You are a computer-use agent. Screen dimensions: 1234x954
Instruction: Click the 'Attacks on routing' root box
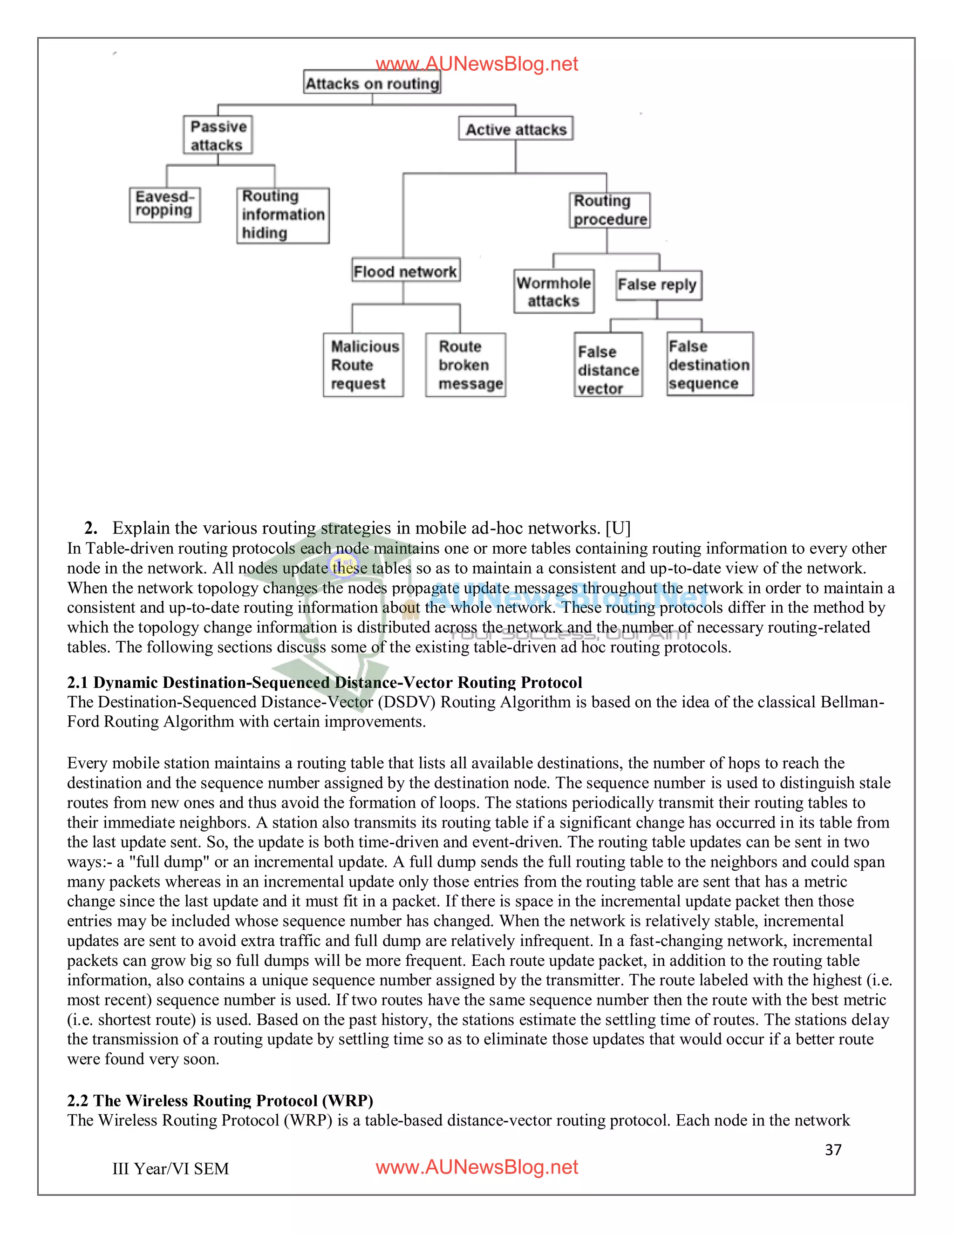372,82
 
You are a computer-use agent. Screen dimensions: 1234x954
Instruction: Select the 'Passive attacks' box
218,135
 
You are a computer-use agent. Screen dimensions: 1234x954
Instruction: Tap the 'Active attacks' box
516,129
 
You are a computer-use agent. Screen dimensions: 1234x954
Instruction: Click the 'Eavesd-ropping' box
164,204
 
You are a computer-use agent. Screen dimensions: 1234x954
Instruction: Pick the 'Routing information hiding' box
283,215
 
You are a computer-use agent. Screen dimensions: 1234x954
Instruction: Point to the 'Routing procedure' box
609,210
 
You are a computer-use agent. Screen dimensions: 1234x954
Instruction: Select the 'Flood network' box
405,271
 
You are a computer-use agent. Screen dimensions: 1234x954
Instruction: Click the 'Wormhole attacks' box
554,292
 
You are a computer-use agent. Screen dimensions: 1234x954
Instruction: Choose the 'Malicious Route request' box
363,365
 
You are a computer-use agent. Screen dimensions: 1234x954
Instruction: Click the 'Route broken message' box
465,365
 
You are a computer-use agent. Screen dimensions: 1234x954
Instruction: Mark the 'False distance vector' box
608,365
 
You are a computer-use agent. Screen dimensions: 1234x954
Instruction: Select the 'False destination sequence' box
709,365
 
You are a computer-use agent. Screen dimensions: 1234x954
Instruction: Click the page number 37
833,1150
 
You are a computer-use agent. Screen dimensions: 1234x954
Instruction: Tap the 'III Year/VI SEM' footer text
170,1168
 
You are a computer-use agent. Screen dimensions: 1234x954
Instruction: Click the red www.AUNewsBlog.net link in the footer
477,1167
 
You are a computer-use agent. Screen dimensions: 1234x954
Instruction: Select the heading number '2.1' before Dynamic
77,683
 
